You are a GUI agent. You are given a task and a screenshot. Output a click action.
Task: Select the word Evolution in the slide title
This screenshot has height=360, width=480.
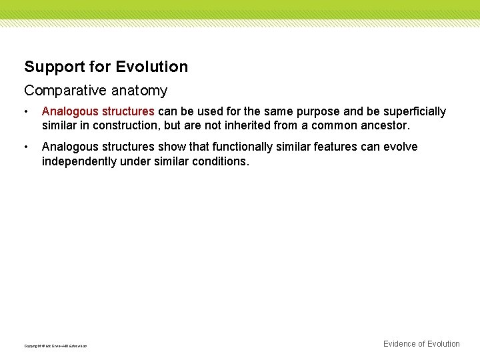(x=152, y=67)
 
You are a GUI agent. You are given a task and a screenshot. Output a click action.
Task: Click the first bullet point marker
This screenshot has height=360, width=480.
(x=26, y=112)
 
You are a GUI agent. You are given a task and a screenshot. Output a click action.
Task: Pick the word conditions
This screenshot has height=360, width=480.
(x=220, y=161)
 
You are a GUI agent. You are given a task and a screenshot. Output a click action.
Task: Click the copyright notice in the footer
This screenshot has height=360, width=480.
(x=55, y=346)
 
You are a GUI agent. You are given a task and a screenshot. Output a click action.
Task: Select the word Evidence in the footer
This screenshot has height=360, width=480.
(x=403, y=344)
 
